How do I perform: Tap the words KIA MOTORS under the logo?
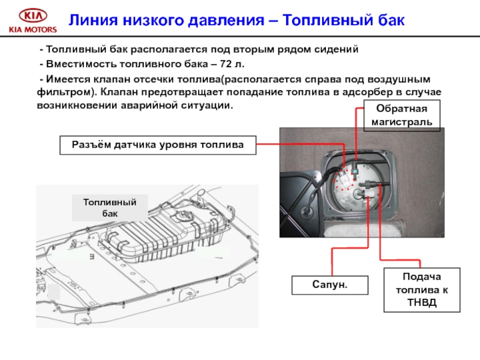[x=32, y=29]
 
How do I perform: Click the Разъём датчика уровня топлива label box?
[x=158, y=145]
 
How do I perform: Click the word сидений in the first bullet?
[x=337, y=49]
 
